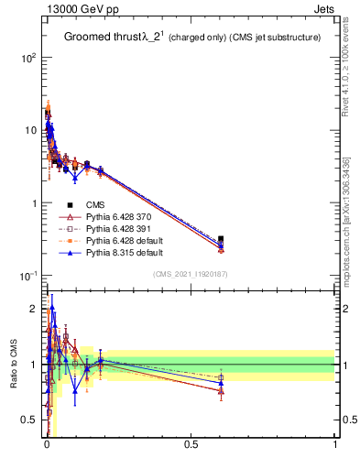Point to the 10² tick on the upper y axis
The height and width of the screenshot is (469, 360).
(27, 57)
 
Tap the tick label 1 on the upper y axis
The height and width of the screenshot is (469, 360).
(32, 203)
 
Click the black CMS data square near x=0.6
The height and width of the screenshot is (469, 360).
(221, 239)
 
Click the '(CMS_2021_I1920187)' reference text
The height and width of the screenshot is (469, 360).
(191, 274)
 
